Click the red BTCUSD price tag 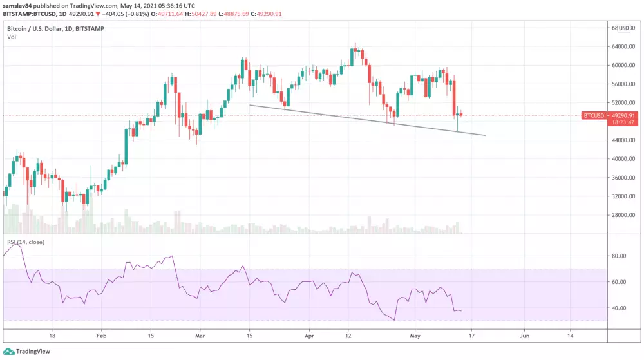pyautogui.click(x=593, y=116)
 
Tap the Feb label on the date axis pyautogui.click(x=100, y=336)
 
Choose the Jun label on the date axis pyautogui.click(x=524, y=336)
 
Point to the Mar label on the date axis pyautogui.click(x=200, y=336)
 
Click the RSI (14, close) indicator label pyautogui.click(x=26, y=242)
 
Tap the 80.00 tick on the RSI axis pyautogui.click(x=620, y=256)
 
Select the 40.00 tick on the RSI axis pyautogui.click(x=620, y=308)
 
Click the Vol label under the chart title pyautogui.click(x=12, y=37)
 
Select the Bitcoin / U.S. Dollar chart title pyautogui.click(x=39, y=29)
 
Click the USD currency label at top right pyautogui.click(x=624, y=28)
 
